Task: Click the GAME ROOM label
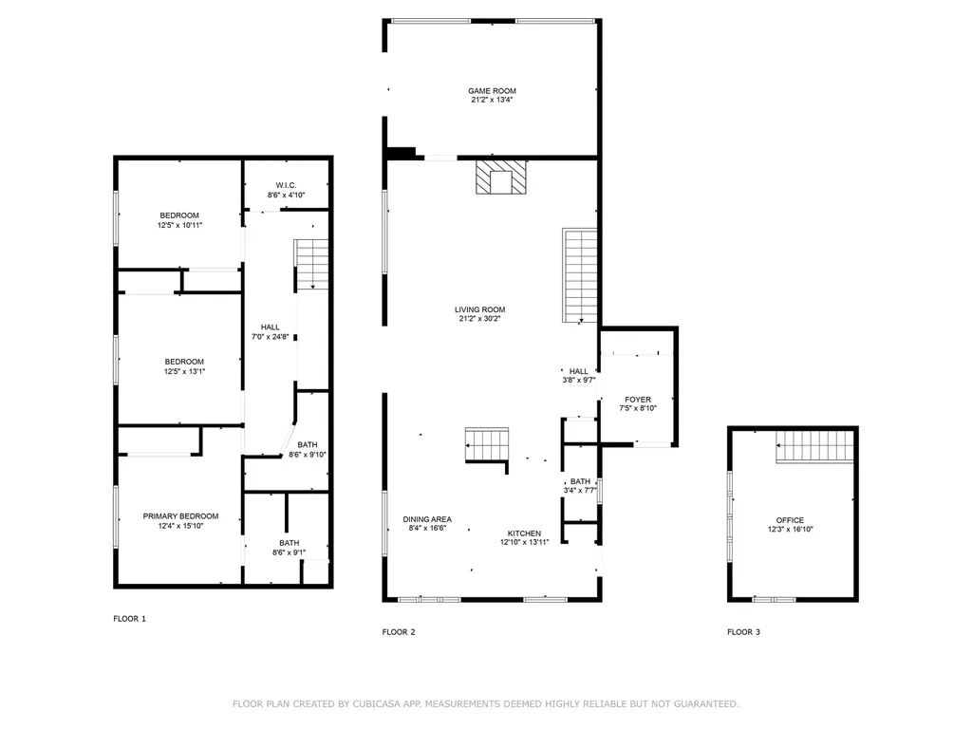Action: click(x=492, y=90)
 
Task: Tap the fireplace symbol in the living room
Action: click(x=499, y=178)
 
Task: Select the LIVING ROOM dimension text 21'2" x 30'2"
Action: click(x=479, y=319)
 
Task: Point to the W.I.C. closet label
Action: click(x=286, y=184)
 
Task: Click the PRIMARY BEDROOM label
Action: click(x=180, y=516)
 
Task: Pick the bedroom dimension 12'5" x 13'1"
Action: click(x=184, y=371)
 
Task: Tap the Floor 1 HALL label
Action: click(x=270, y=327)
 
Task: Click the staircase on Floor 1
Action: click(x=311, y=264)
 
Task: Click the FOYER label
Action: click(x=637, y=400)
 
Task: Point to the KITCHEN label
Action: click(x=524, y=533)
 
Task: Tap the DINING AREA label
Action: click(x=427, y=519)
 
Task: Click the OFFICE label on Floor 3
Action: click(x=790, y=520)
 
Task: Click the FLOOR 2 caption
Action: click(x=399, y=632)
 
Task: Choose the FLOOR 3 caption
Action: click(x=743, y=632)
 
